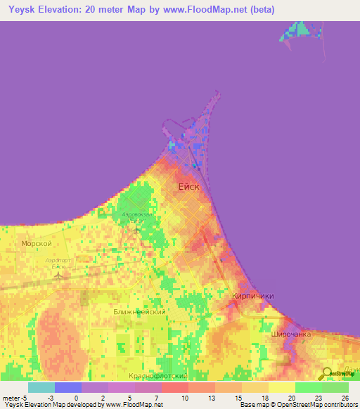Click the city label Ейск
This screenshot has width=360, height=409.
[189, 186]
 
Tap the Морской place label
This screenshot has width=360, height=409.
[37, 243]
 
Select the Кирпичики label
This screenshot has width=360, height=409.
[252, 297]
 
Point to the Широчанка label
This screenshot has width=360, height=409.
[290, 335]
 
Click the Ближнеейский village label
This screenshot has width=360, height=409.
[139, 311]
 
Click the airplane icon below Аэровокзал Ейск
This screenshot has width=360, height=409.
[136, 229]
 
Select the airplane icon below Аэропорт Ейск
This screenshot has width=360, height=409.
[58, 275]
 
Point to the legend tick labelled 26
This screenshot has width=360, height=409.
[344, 398]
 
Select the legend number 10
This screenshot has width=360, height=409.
[184, 398]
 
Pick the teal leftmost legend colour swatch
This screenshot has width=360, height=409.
[41, 387]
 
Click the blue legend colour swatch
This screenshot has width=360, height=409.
[68, 387]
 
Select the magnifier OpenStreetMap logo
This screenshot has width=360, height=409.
[327, 373]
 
